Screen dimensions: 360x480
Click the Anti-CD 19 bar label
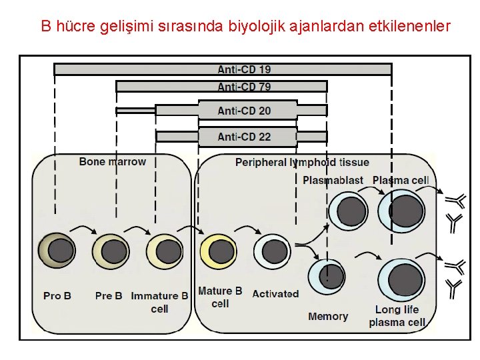tap(244, 69)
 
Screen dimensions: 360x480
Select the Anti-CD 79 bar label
tap(244, 87)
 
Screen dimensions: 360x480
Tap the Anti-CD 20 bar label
tap(244, 111)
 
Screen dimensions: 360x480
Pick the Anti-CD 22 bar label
tap(244, 137)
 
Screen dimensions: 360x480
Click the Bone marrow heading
tap(112, 161)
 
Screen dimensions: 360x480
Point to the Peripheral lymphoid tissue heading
tap(302, 163)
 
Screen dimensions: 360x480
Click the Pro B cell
tap(59, 251)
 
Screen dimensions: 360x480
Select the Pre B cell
tap(112, 251)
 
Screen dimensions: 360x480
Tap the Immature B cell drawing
tap(163, 251)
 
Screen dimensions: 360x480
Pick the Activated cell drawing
tap(271, 251)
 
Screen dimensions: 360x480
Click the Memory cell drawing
tap(327, 275)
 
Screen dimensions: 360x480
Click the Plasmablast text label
tap(333, 180)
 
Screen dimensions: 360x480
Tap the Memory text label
tap(328, 316)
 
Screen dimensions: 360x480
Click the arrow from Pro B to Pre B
tap(83, 231)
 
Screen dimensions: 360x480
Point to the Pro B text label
tap(57, 295)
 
